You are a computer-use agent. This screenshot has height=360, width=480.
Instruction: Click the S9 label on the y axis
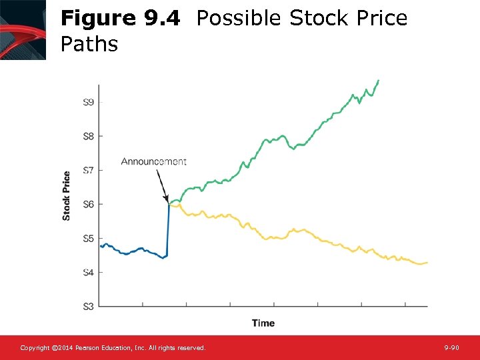(x=88, y=102)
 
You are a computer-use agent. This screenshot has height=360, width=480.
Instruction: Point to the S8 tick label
(x=88, y=136)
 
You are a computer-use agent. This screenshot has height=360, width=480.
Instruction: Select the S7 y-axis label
(x=88, y=170)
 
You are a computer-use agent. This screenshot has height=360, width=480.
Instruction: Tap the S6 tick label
(x=88, y=204)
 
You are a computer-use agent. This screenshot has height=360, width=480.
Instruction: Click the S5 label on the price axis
(x=88, y=238)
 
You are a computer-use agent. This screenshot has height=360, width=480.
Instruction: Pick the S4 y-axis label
(x=88, y=272)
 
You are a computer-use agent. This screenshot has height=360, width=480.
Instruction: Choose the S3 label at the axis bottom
(x=88, y=306)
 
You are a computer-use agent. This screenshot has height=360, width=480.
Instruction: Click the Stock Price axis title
(x=67, y=196)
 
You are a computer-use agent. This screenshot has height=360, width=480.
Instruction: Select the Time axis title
(x=263, y=323)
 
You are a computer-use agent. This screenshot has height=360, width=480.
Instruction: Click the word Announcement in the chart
(x=154, y=161)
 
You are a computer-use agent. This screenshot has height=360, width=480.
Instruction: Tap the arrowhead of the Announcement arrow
(x=166, y=199)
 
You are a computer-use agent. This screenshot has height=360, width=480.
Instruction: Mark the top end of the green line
(x=379, y=81)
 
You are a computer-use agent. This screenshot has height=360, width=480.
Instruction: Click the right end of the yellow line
(x=427, y=263)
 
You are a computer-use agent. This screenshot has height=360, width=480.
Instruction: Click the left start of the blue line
(x=101, y=246)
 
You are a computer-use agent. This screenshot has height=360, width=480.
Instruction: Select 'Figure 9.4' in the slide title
(x=120, y=19)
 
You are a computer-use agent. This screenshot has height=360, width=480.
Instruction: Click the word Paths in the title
(x=89, y=45)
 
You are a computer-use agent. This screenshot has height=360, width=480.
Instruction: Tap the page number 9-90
(x=452, y=348)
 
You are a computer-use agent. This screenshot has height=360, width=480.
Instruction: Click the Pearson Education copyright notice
(x=113, y=348)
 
